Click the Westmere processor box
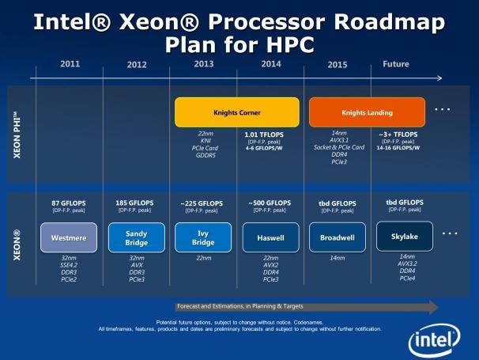pyautogui.click(x=68, y=237)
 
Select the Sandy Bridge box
pyautogui.click(x=136, y=237)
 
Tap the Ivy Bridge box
pyautogui.click(x=202, y=237)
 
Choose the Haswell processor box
pyautogui.click(x=270, y=237)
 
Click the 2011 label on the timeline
pyautogui.click(x=70, y=64)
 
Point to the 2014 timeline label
pyautogui.click(x=270, y=64)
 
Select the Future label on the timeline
pyautogui.click(x=395, y=64)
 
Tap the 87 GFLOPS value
pyautogui.click(x=68, y=203)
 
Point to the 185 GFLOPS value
pyautogui.click(x=136, y=203)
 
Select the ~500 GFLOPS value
pyautogui.click(x=270, y=203)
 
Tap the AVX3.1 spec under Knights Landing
pyautogui.click(x=338, y=140)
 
